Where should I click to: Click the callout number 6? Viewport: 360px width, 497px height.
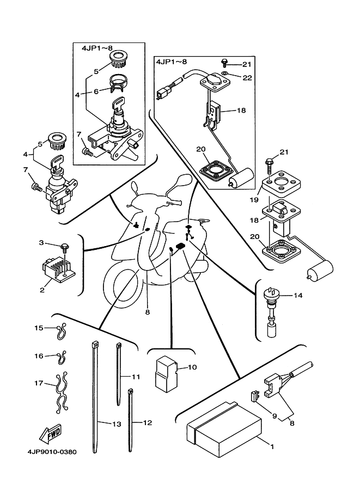coord(95,91)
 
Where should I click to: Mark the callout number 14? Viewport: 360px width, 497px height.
coord(298,296)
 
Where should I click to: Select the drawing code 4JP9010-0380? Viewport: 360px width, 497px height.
coord(50,452)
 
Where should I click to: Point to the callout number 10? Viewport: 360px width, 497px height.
coord(192,367)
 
